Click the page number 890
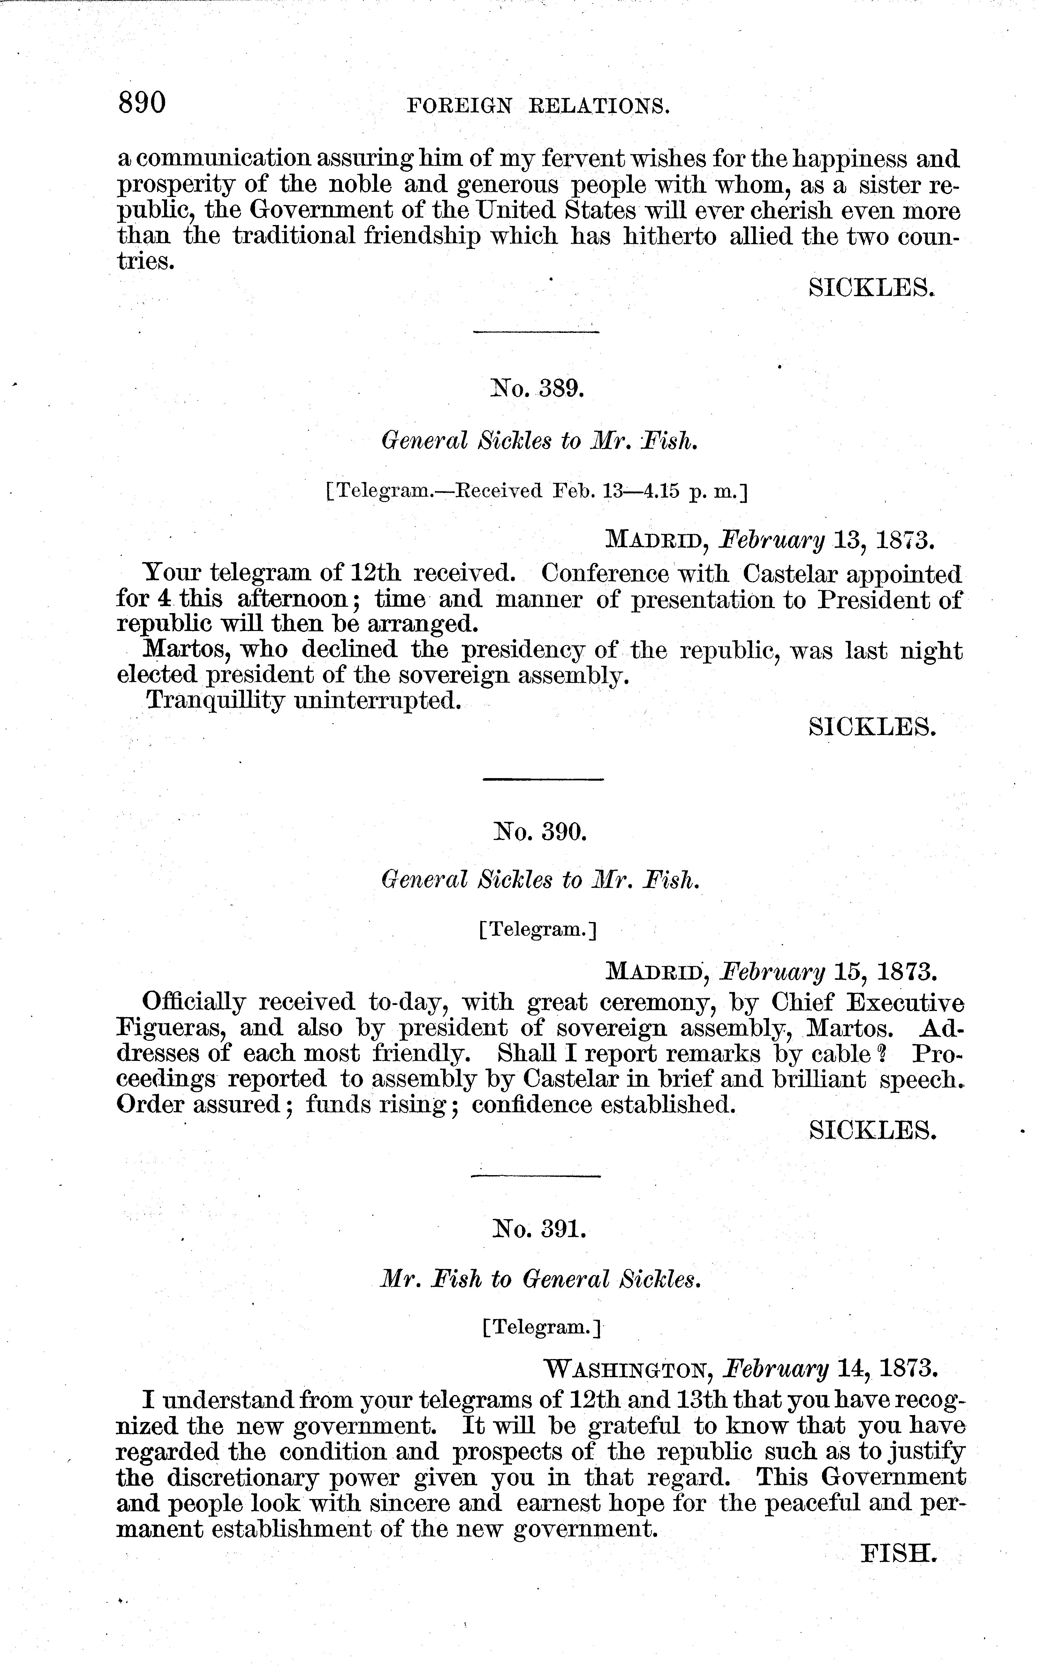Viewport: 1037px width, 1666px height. click(142, 103)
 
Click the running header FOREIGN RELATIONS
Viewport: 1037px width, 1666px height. click(538, 106)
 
